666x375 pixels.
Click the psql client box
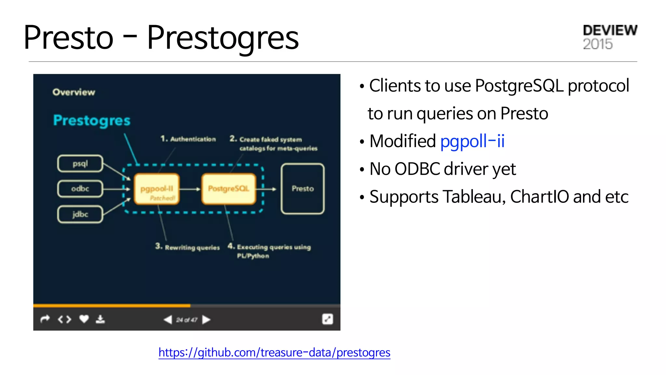(x=80, y=163)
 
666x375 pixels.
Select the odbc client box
(x=80, y=189)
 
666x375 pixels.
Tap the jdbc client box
(x=80, y=214)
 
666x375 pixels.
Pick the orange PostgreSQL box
(x=228, y=189)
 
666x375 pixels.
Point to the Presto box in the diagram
(x=302, y=189)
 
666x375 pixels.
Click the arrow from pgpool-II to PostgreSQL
(x=190, y=189)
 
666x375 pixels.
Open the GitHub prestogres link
(x=274, y=353)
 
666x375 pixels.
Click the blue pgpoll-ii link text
(x=472, y=141)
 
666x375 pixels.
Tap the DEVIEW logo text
(x=610, y=30)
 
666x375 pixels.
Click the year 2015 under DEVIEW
(x=598, y=44)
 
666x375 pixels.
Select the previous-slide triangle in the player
(x=168, y=320)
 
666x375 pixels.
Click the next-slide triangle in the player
(x=206, y=320)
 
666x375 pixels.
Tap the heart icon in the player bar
(x=84, y=319)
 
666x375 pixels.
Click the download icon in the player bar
(x=100, y=319)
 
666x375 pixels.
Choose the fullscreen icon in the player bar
(x=327, y=319)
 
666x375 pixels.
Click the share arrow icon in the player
(x=45, y=319)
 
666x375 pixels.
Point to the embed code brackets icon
(x=64, y=319)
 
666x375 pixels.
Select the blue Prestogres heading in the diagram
(x=92, y=120)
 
